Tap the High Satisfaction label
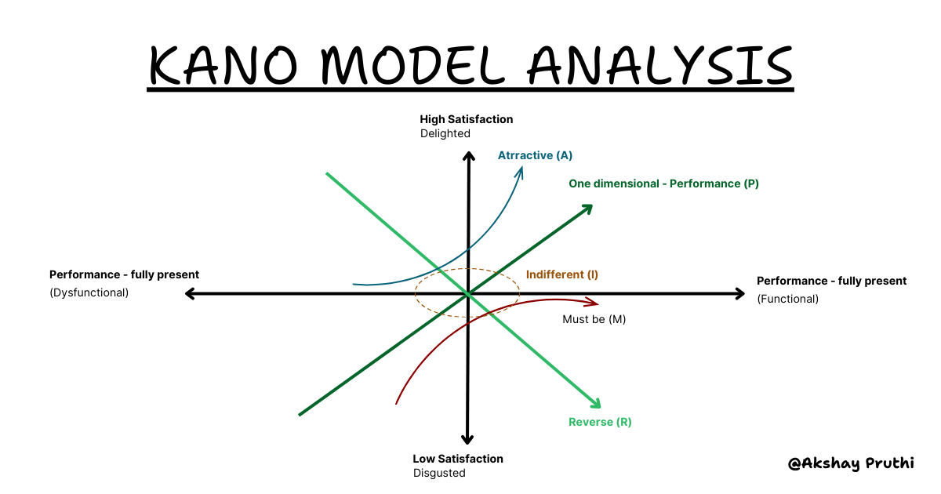467,120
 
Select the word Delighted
445,133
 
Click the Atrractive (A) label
535,155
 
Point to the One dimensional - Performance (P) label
663,183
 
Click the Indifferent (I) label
562,274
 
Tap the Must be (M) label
594,319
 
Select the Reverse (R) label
600,422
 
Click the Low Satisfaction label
458,459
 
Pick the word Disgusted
439,473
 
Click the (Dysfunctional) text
89,292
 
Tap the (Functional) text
787,299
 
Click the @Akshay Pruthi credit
851,463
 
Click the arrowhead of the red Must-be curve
594,303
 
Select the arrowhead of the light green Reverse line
596,404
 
